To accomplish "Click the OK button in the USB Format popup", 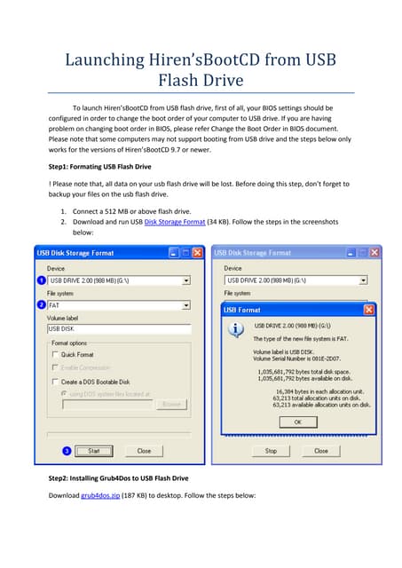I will pos(296,422).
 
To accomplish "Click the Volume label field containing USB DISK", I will pos(119,328).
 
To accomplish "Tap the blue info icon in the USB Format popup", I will pos(237,330).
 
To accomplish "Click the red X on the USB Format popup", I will pos(367,310).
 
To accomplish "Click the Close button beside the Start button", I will pos(143,451).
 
